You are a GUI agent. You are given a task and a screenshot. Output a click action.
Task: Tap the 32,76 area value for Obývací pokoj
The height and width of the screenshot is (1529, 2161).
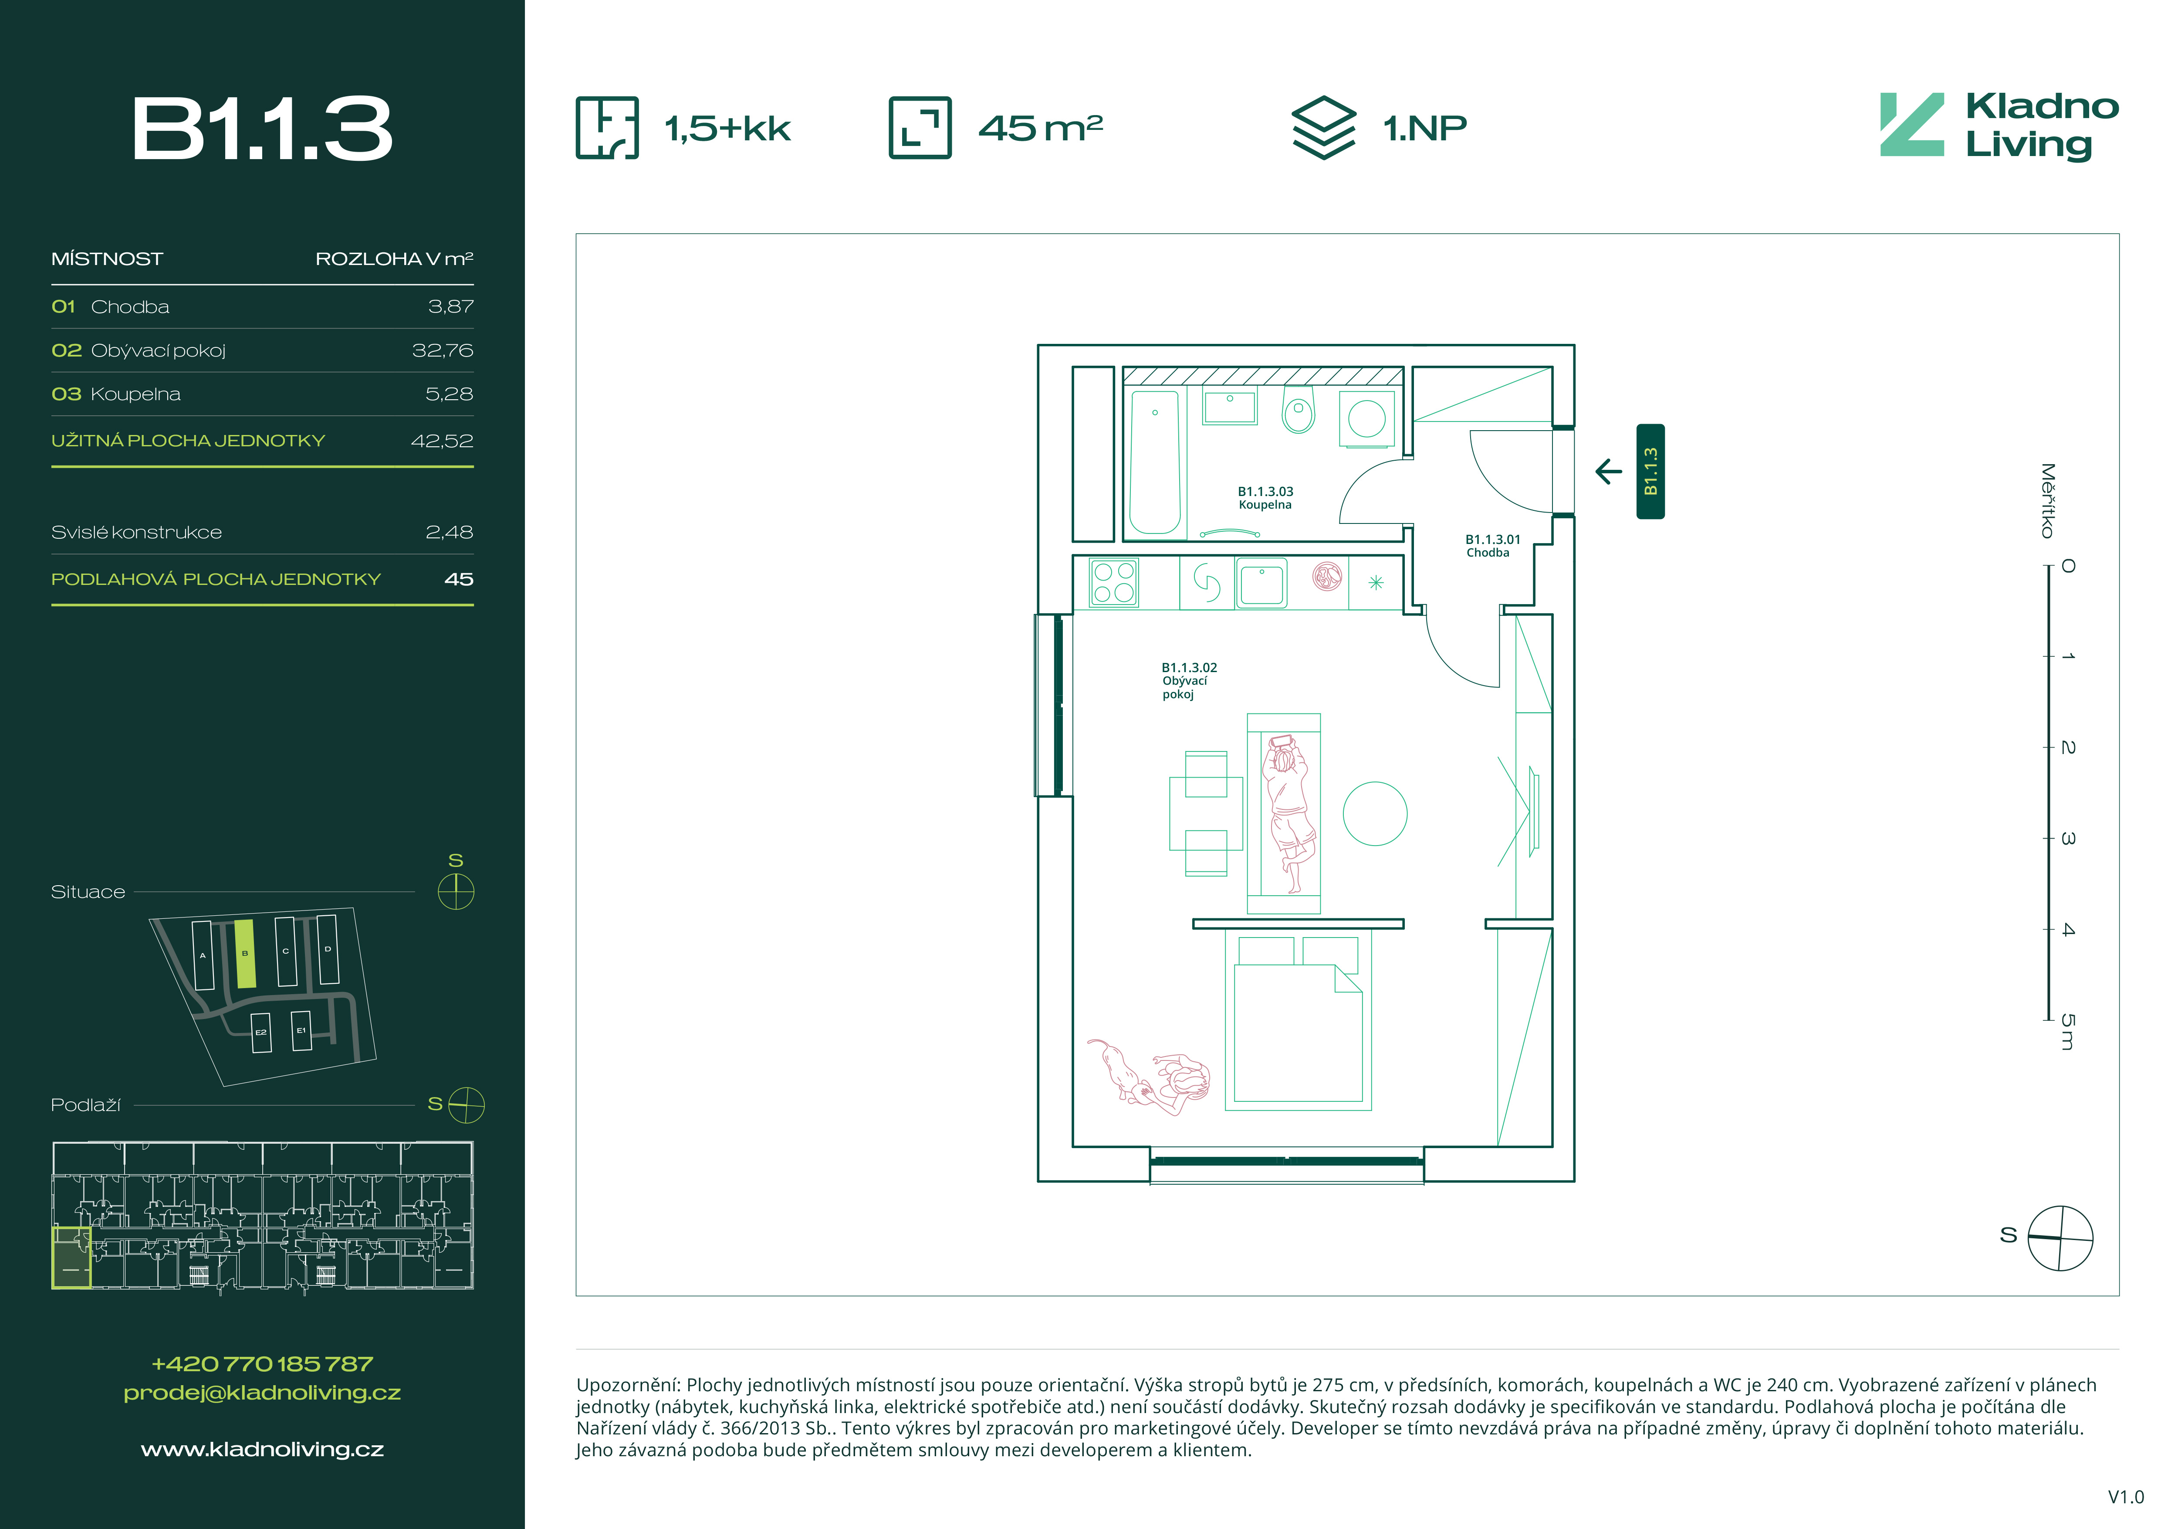click(443, 350)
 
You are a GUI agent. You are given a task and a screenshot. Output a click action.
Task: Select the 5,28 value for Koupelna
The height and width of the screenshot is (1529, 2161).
click(449, 394)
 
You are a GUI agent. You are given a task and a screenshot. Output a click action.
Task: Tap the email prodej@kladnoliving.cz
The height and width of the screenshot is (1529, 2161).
click(263, 1393)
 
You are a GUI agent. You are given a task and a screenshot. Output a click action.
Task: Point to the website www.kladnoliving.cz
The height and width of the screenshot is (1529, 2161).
click(263, 1449)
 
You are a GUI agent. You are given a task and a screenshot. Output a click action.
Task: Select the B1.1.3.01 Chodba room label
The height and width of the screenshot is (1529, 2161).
click(1493, 546)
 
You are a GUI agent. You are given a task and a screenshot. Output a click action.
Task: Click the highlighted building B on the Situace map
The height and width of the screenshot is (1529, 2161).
click(245, 954)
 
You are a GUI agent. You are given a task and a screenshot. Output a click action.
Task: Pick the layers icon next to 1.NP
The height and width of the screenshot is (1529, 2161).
click(1323, 127)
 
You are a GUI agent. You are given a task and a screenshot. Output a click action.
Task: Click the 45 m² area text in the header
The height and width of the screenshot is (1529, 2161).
click(1040, 127)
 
